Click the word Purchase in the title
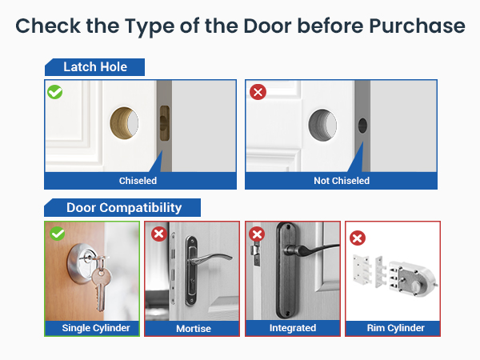pyautogui.click(x=417, y=26)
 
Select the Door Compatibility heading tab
pyautogui.click(x=124, y=208)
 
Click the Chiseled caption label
pyautogui.click(x=138, y=181)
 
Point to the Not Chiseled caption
pyautogui.click(x=342, y=181)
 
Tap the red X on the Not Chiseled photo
pyautogui.click(x=258, y=92)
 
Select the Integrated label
pyautogui.click(x=293, y=328)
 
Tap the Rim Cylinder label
pyautogui.click(x=393, y=328)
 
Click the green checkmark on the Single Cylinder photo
pyautogui.click(x=57, y=234)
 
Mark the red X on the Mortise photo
pyautogui.click(x=158, y=234)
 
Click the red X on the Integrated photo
pyautogui.click(x=258, y=234)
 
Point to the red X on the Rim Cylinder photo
pyautogui.click(x=358, y=238)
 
